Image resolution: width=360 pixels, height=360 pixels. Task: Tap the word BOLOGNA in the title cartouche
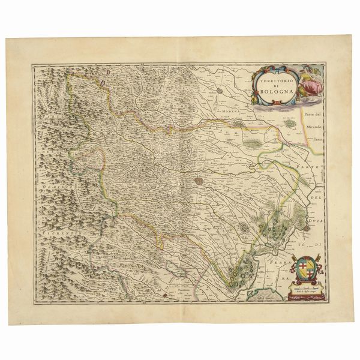(268, 92)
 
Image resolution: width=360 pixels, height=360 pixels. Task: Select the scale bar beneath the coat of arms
(307, 290)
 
